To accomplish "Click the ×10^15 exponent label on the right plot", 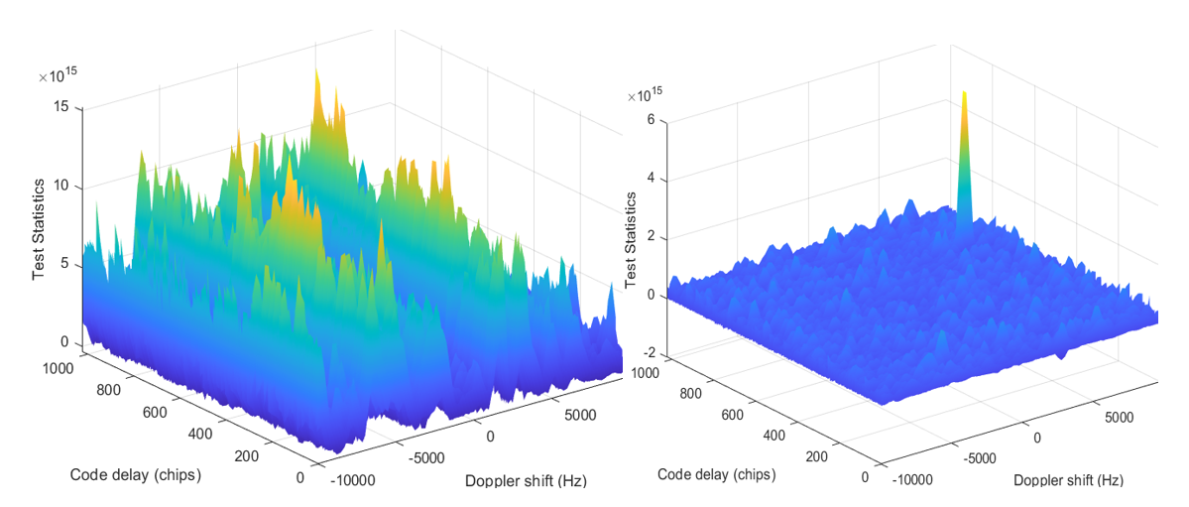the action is point(646,96).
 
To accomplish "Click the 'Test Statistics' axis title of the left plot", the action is point(39,230).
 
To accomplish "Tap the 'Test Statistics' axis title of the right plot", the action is point(630,240).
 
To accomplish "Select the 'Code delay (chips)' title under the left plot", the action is point(136,476).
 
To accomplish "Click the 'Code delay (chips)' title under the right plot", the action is point(717,475).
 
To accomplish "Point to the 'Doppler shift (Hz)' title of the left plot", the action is point(526,481).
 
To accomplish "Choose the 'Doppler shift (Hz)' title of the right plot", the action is point(1068,480).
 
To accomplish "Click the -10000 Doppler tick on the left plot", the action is point(352,479).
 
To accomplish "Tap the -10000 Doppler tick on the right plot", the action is point(915,479).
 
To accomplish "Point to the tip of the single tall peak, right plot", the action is point(964,92).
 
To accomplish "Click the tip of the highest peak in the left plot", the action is point(316,67).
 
